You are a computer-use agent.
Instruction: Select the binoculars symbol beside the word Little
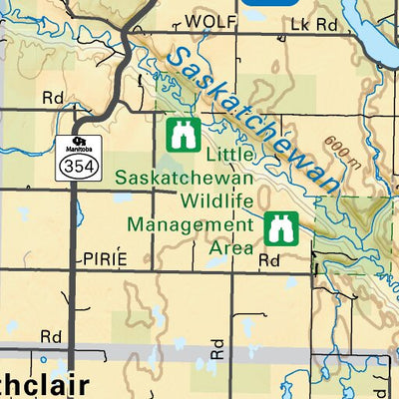184,132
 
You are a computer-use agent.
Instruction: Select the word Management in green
191,223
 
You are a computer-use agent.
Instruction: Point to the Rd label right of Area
269,259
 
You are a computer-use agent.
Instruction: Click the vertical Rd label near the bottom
217,347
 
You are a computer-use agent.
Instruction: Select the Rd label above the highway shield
52,98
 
